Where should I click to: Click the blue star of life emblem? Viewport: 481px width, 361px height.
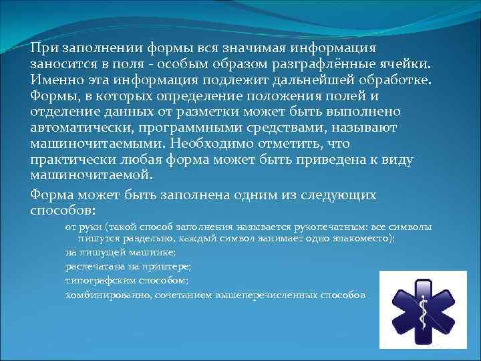coord(422,310)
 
